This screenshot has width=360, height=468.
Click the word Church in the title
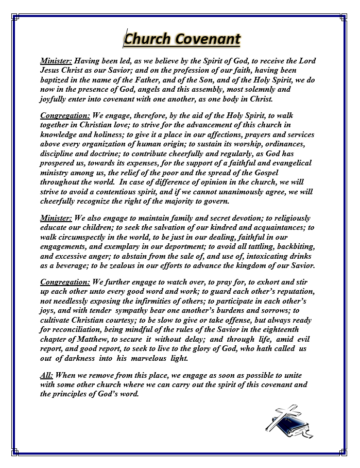pos(148,39)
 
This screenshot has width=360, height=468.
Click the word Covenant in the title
pos(208,39)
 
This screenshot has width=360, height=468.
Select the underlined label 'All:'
pos(47,376)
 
